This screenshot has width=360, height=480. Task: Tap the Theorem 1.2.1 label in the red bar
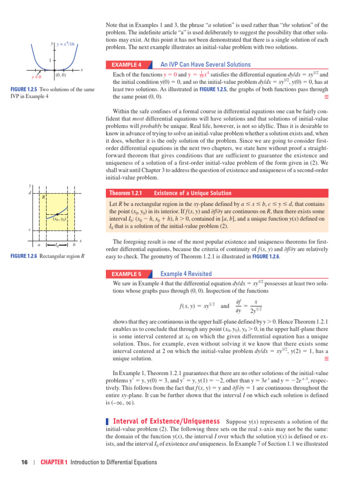(x=125, y=193)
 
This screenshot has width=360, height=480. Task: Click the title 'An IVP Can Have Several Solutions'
(x=205, y=65)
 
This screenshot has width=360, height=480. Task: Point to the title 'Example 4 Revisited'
(x=186, y=274)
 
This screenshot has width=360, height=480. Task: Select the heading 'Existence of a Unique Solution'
(x=193, y=193)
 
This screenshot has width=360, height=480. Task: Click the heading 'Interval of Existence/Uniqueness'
(x=166, y=421)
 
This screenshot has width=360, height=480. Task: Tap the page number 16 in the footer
(x=25, y=462)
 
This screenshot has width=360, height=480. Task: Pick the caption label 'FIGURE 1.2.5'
(x=23, y=90)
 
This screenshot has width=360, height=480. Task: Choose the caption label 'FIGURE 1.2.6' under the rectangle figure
(x=23, y=256)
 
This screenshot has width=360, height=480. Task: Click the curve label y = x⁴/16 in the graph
(x=66, y=44)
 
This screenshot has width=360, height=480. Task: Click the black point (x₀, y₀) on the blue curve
(x=57, y=214)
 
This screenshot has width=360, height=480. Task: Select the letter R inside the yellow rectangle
(x=43, y=197)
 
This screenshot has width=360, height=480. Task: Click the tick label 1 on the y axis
(x=49, y=60)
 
